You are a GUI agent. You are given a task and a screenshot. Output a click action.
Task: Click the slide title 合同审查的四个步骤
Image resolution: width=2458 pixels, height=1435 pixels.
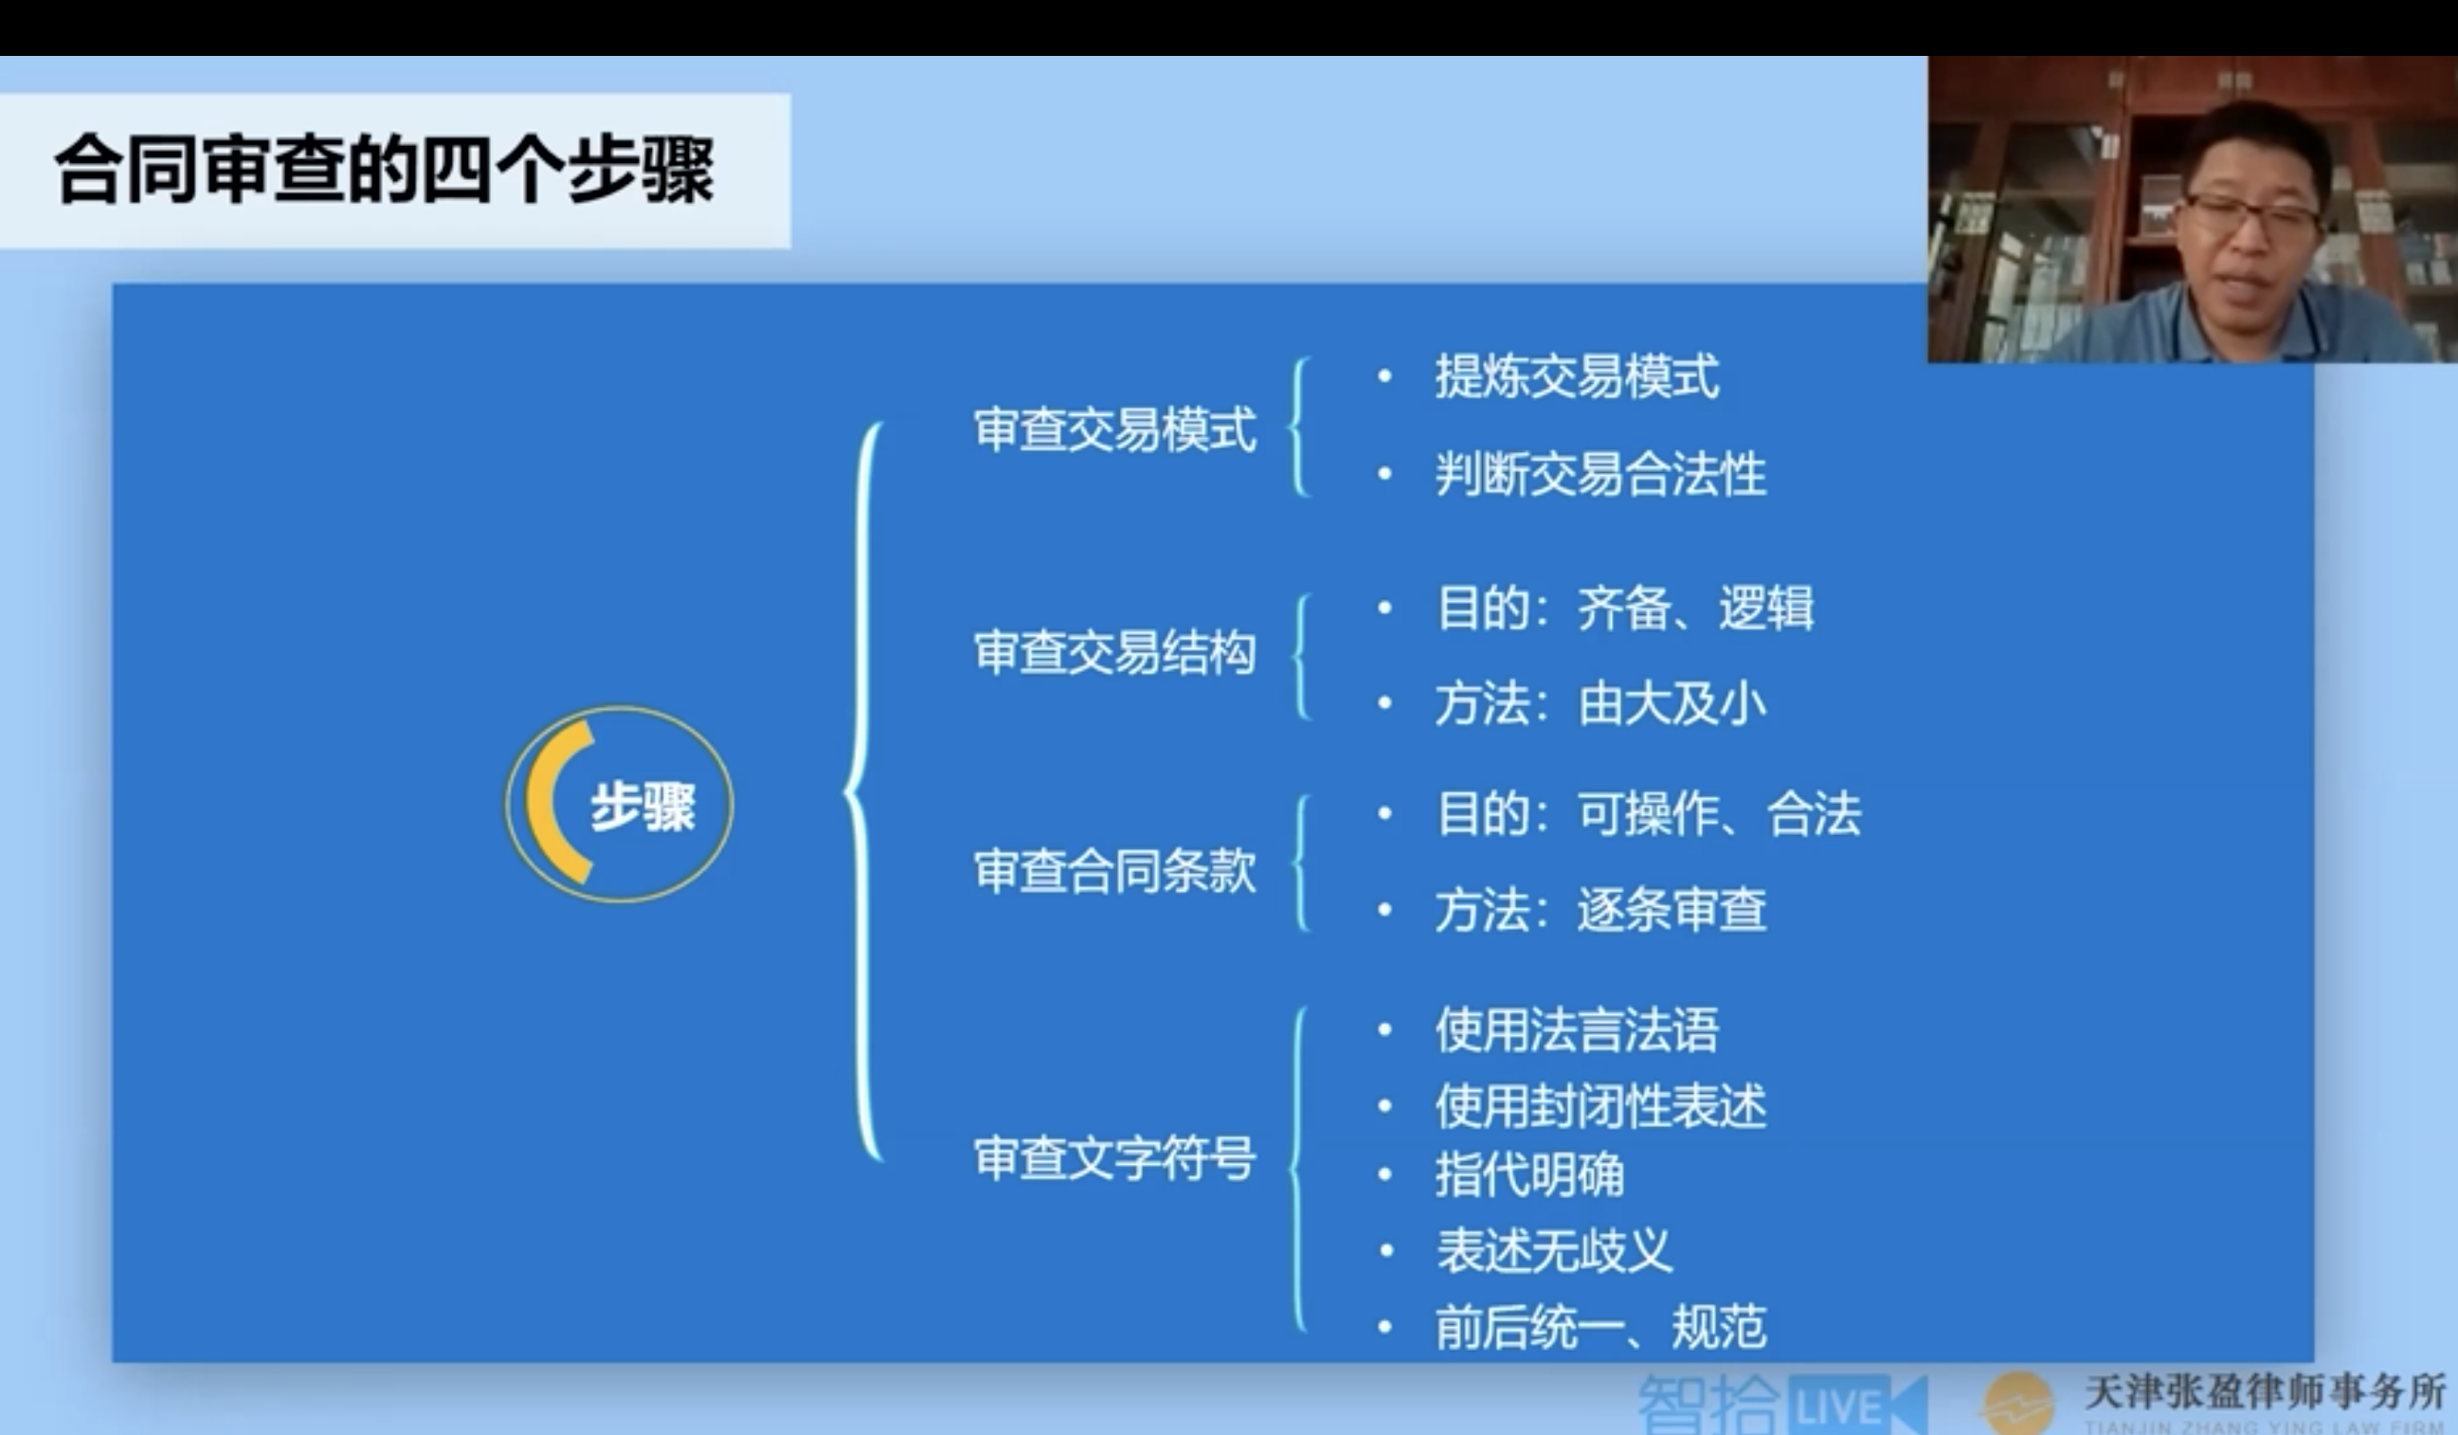point(385,170)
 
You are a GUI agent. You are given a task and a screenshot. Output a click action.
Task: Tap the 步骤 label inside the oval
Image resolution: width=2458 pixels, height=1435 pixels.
point(642,807)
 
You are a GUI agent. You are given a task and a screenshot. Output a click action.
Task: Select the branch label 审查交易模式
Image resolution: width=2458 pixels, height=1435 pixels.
point(1115,430)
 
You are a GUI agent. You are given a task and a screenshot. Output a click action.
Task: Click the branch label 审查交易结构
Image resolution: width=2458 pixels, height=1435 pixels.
point(1115,653)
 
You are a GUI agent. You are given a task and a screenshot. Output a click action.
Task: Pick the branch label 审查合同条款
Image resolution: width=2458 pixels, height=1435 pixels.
point(1115,871)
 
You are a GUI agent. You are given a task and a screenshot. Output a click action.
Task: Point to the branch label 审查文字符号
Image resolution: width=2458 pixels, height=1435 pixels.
point(1115,1159)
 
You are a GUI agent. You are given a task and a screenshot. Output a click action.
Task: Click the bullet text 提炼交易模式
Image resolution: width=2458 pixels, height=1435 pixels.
point(1576,376)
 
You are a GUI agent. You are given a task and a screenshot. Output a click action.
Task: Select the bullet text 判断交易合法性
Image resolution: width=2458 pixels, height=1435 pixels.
point(1600,474)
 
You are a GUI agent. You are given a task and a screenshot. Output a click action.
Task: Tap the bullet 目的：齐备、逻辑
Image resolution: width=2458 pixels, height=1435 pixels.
point(1624,608)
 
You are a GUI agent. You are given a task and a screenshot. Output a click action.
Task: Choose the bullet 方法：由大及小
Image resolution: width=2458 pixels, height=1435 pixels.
point(1600,703)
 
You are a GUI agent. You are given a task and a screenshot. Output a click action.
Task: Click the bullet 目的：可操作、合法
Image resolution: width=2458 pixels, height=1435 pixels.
point(1649,813)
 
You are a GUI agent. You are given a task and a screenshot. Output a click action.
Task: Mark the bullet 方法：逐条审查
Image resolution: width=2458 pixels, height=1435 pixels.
point(1600,909)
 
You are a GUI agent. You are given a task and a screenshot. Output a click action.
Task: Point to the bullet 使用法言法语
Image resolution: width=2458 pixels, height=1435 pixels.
point(1576,1030)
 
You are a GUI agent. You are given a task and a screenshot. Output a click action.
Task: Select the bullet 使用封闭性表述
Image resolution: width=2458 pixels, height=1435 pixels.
point(1600,1106)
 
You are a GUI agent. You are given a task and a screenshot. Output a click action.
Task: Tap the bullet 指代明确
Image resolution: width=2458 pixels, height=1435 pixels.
point(1528,1174)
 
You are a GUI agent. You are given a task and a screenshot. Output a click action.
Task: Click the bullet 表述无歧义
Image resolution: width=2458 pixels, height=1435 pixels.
point(1553,1250)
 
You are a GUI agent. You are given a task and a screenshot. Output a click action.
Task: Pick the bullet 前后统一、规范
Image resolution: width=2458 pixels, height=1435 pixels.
point(1600,1327)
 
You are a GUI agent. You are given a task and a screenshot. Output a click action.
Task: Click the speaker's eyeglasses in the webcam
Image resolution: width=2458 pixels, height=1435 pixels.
point(2250,215)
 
